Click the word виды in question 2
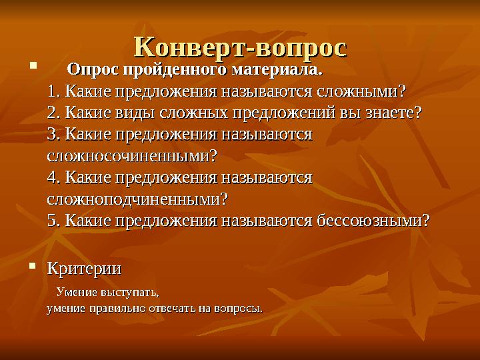click(136, 112)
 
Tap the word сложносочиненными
click(132, 155)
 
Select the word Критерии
click(84, 269)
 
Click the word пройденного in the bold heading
click(173, 69)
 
